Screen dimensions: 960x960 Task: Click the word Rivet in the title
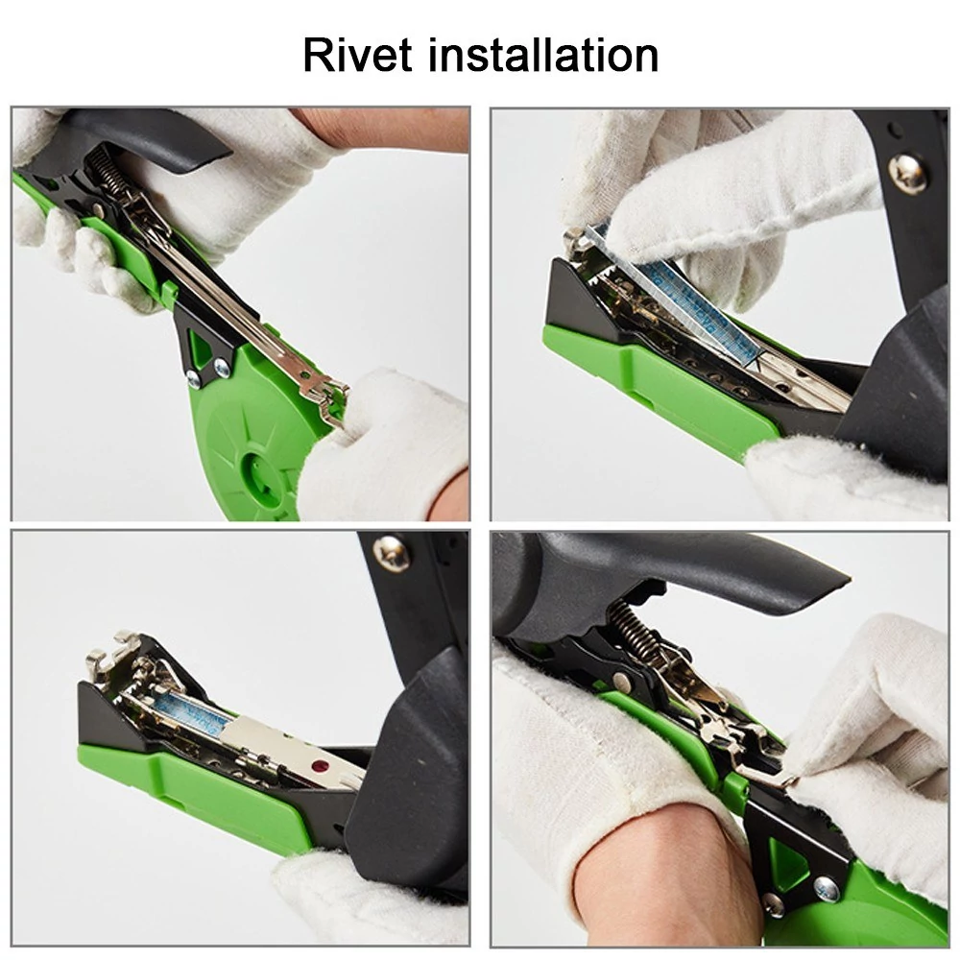coord(357,55)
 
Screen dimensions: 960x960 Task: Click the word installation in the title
coord(543,55)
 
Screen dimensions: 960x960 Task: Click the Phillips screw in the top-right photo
coord(907,173)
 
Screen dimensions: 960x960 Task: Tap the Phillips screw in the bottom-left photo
coord(392,553)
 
